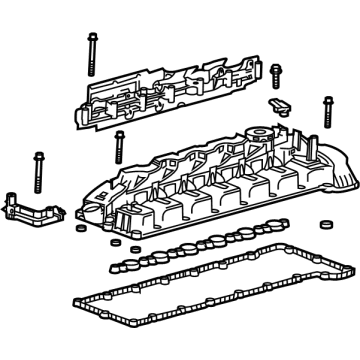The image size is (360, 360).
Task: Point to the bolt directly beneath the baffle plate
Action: point(120,141)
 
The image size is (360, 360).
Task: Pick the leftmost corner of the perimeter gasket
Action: point(72,272)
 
